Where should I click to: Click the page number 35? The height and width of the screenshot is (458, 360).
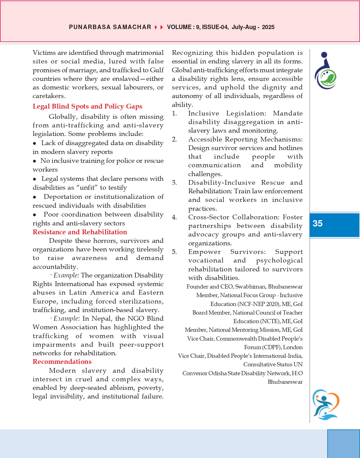click(x=317, y=223)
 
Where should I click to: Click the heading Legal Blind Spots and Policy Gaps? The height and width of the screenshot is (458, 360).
click(x=87, y=106)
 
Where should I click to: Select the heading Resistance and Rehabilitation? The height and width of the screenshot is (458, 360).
click(x=80, y=232)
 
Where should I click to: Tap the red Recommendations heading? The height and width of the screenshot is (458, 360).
click(x=62, y=362)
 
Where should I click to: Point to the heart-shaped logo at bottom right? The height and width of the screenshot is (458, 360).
click(x=326, y=405)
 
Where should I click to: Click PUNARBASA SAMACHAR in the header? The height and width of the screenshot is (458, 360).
click(x=110, y=27)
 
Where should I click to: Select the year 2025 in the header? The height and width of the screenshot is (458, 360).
click(x=268, y=27)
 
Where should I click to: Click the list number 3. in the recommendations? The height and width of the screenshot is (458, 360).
click(x=174, y=183)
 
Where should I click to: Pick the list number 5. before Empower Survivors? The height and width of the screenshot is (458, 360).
click(x=174, y=252)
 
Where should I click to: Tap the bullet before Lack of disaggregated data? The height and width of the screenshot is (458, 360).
click(x=35, y=143)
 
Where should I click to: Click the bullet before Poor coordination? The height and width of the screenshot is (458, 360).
click(x=35, y=215)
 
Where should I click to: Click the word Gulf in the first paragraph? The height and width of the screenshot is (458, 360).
click(x=157, y=70)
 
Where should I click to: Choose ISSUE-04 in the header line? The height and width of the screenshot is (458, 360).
click(x=215, y=27)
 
